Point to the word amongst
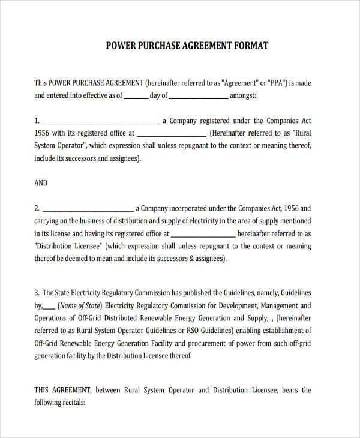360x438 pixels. click(x=244, y=95)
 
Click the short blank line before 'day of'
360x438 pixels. click(x=136, y=96)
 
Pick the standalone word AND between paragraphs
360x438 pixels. click(x=41, y=183)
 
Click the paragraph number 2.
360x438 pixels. click(x=37, y=209)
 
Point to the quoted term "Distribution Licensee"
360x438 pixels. click(x=71, y=247)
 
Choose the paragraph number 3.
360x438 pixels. click(x=37, y=293)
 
